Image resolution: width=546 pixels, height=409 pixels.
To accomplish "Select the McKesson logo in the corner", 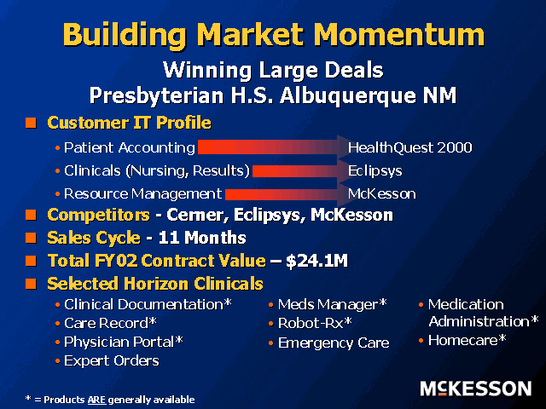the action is [x=476, y=389].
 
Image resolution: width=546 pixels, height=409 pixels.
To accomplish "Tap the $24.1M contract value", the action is [x=317, y=261].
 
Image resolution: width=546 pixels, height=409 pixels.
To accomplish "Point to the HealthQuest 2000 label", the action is [x=409, y=147].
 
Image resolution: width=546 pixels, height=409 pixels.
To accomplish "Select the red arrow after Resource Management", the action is [x=287, y=194].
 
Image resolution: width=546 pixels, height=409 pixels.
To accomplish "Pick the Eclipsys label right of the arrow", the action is [x=375, y=170].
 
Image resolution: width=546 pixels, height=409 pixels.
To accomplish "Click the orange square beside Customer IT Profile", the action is [x=31, y=123].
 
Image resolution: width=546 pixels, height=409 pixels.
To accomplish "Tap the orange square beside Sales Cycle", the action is [x=31, y=238].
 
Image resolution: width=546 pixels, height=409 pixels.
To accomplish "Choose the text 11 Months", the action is [x=202, y=238].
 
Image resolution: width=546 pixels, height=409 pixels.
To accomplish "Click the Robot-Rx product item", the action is [x=315, y=324].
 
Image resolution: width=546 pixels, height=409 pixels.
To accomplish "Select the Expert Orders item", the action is [x=112, y=360].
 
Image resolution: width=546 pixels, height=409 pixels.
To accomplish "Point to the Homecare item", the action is [x=467, y=340].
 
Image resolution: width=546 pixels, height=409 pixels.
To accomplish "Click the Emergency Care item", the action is [x=334, y=343].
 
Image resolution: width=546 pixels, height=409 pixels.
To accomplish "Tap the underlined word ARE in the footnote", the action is [x=96, y=400].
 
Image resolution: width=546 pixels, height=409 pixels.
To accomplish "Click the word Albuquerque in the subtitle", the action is [x=347, y=95].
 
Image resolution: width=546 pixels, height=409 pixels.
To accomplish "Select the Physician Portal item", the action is [x=123, y=342].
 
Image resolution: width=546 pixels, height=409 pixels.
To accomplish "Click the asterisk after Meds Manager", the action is [x=383, y=302].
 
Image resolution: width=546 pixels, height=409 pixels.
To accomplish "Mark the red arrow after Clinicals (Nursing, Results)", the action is [x=300, y=170].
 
